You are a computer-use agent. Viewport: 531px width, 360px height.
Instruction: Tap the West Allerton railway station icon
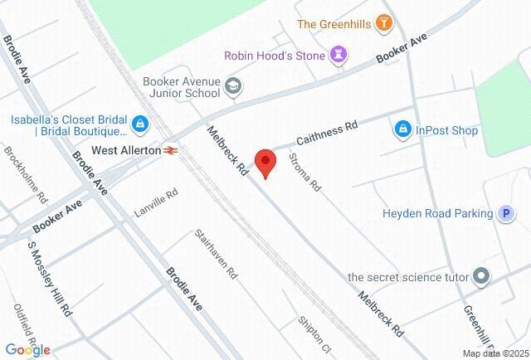click(x=172, y=150)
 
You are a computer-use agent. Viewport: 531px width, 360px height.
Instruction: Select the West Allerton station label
click(x=125, y=150)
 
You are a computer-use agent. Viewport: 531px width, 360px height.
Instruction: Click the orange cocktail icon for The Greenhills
click(x=383, y=23)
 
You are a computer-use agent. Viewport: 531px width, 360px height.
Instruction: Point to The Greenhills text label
click(x=334, y=23)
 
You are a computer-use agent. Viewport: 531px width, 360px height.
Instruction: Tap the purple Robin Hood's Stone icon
click(x=339, y=56)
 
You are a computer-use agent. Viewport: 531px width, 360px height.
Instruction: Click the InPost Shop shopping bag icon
click(x=402, y=129)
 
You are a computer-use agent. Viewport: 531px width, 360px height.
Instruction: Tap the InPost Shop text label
click(x=447, y=130)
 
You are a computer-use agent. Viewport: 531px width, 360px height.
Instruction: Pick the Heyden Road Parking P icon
click(x=505, y=213)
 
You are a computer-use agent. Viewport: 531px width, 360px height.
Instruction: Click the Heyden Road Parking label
click(x=437, y=213)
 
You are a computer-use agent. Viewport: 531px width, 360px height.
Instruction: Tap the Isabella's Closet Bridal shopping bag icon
click(x=140, y=125)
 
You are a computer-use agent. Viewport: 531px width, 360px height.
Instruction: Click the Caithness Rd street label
click(x=326, y=134)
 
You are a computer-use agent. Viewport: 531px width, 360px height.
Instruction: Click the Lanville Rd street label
click(x=156, y=204)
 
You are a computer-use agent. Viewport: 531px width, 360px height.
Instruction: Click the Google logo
click(x=27, y=349)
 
